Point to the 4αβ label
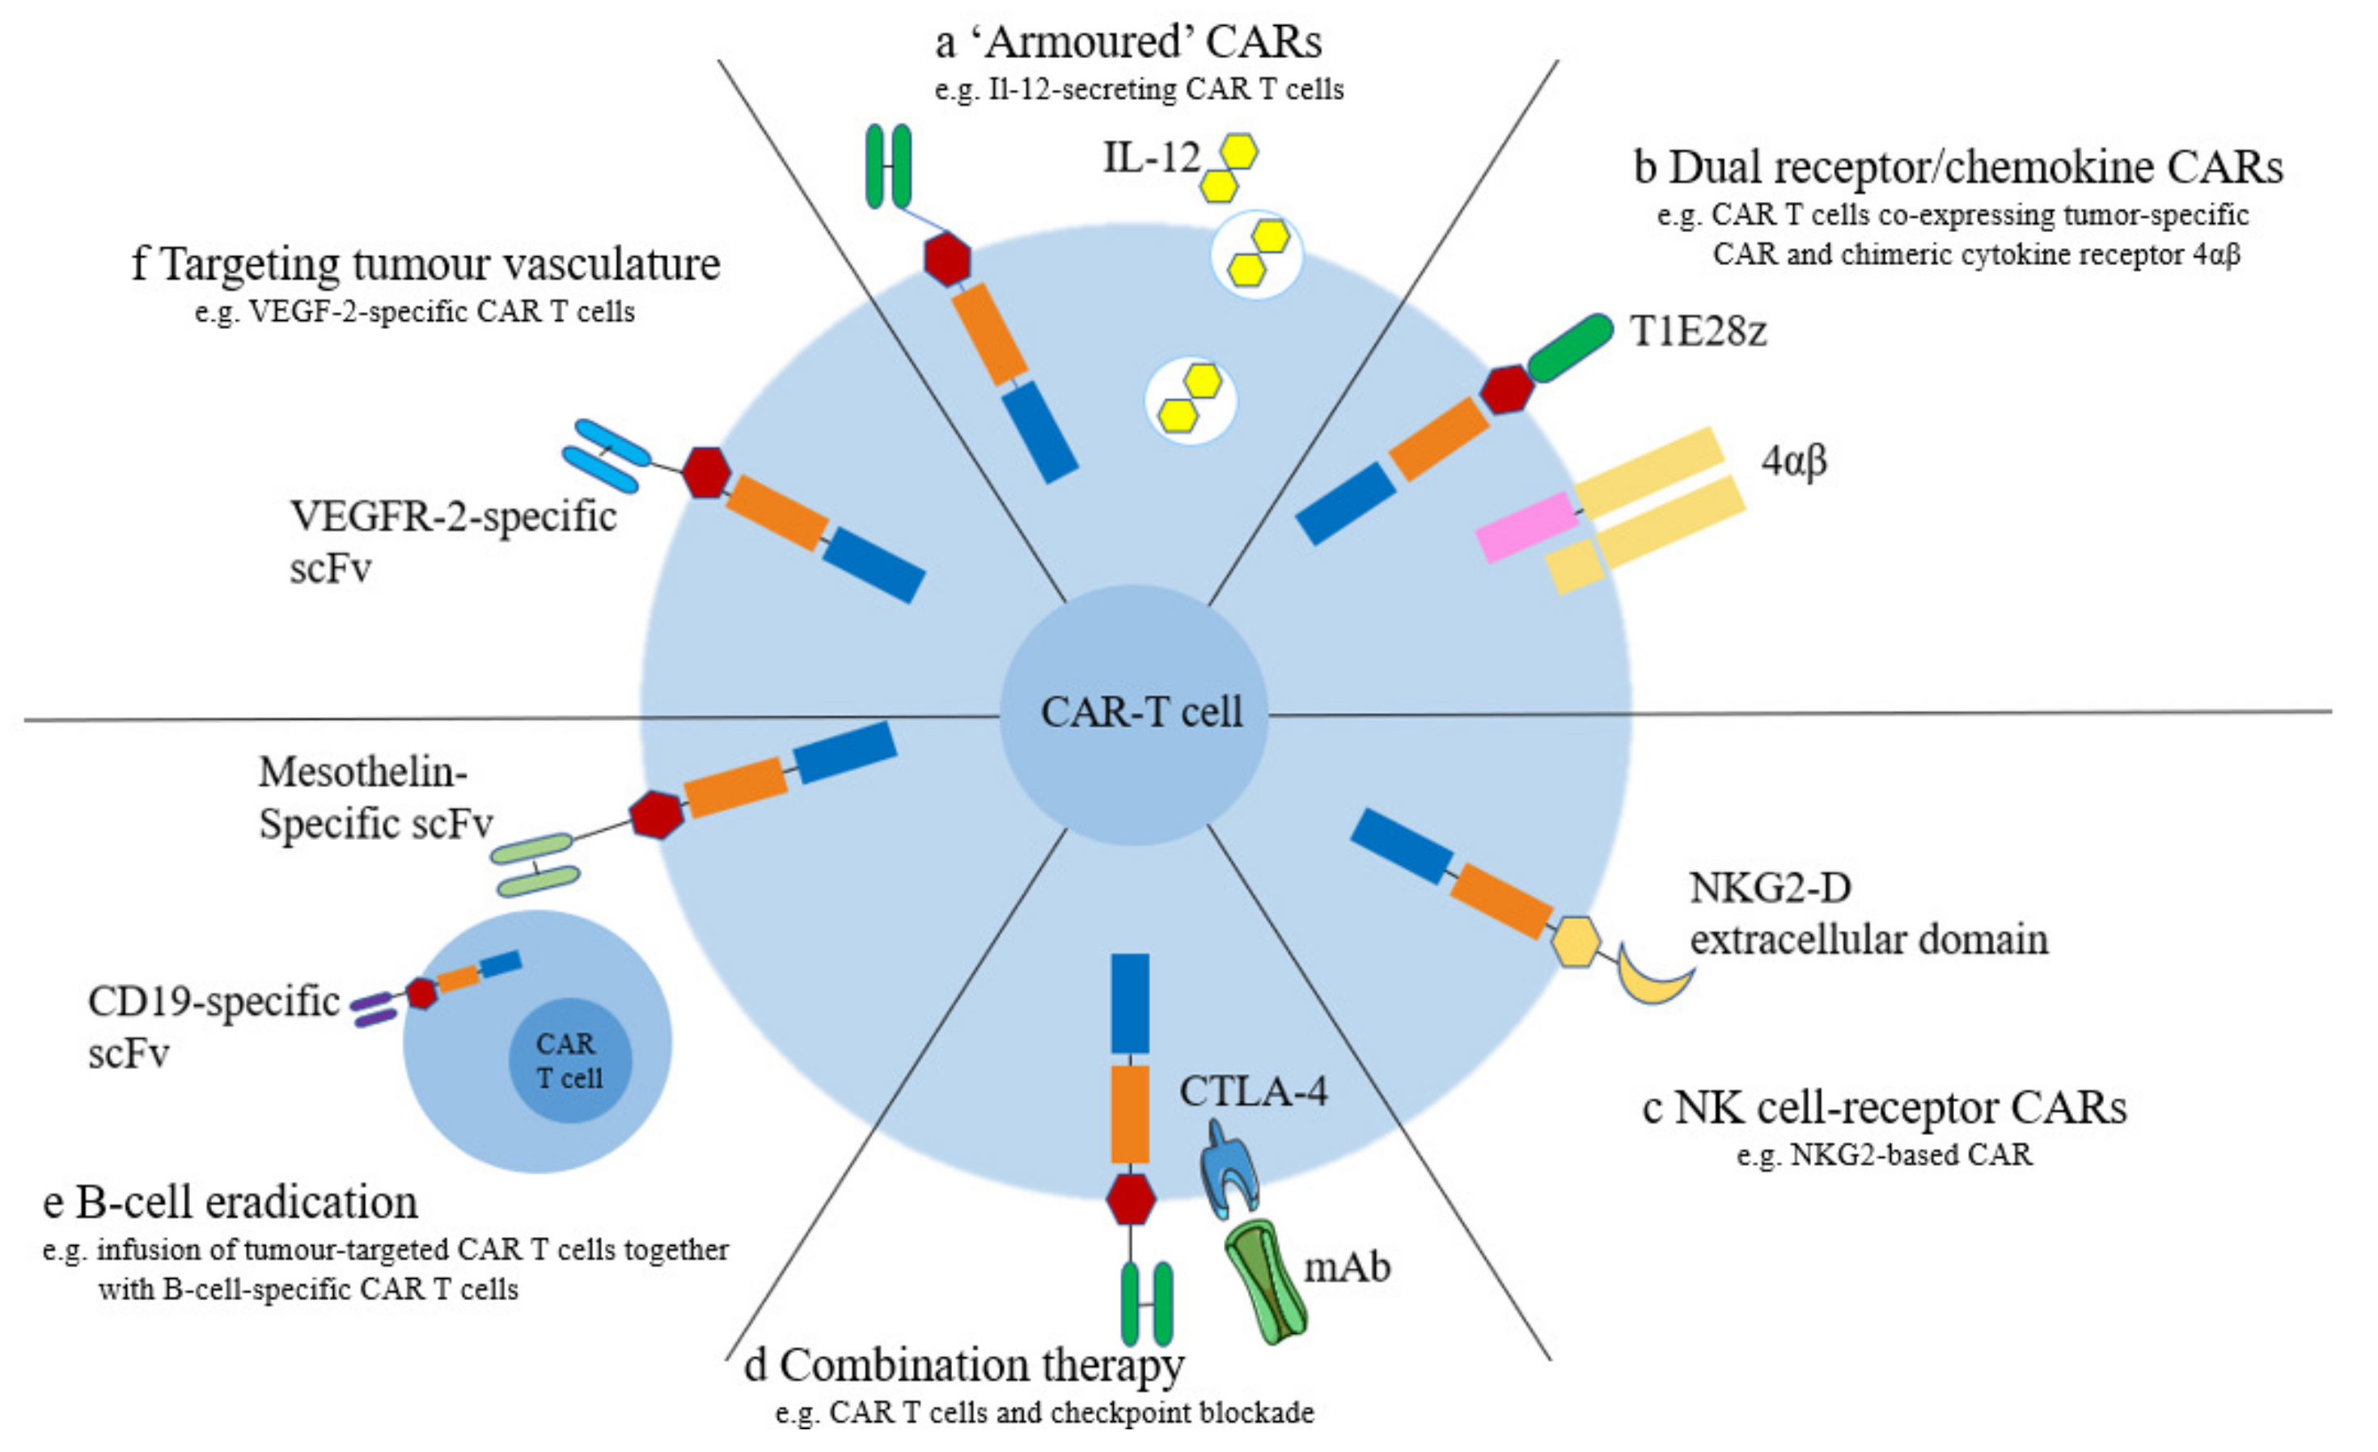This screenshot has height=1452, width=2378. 1793,461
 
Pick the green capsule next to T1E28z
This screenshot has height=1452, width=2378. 1570,348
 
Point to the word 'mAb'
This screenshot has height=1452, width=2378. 1348,1268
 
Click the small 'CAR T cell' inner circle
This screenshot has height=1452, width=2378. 569,1060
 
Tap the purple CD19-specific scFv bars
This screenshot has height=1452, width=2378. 373,1009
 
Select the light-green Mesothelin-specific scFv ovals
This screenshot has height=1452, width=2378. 534,864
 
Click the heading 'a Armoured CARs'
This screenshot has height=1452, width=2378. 1128,41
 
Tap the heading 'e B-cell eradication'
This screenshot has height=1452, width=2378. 231,1203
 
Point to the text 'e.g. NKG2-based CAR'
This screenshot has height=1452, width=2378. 1884,1154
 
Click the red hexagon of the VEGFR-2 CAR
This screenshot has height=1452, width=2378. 705,473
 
